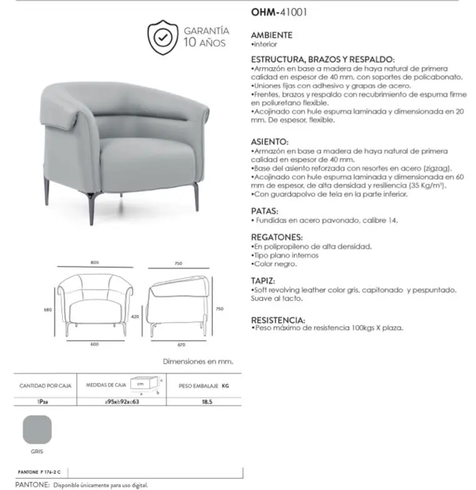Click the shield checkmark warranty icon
(x=163, y=37)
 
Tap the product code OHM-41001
(x=278, y=11)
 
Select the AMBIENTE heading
(x=271, y=36)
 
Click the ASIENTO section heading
(x=270, y=142)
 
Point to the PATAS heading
(x=265, y=211)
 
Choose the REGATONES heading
(x=277, y=237)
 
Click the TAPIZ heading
(x=263, y=281)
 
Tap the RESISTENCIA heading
(x=278, y=319)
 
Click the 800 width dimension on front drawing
(x=94, y=263)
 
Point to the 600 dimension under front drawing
(x=95, y=344)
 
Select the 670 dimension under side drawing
(x=181, y=344)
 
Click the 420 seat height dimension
(x=134, y=317)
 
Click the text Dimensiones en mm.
(x=197, y=361)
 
